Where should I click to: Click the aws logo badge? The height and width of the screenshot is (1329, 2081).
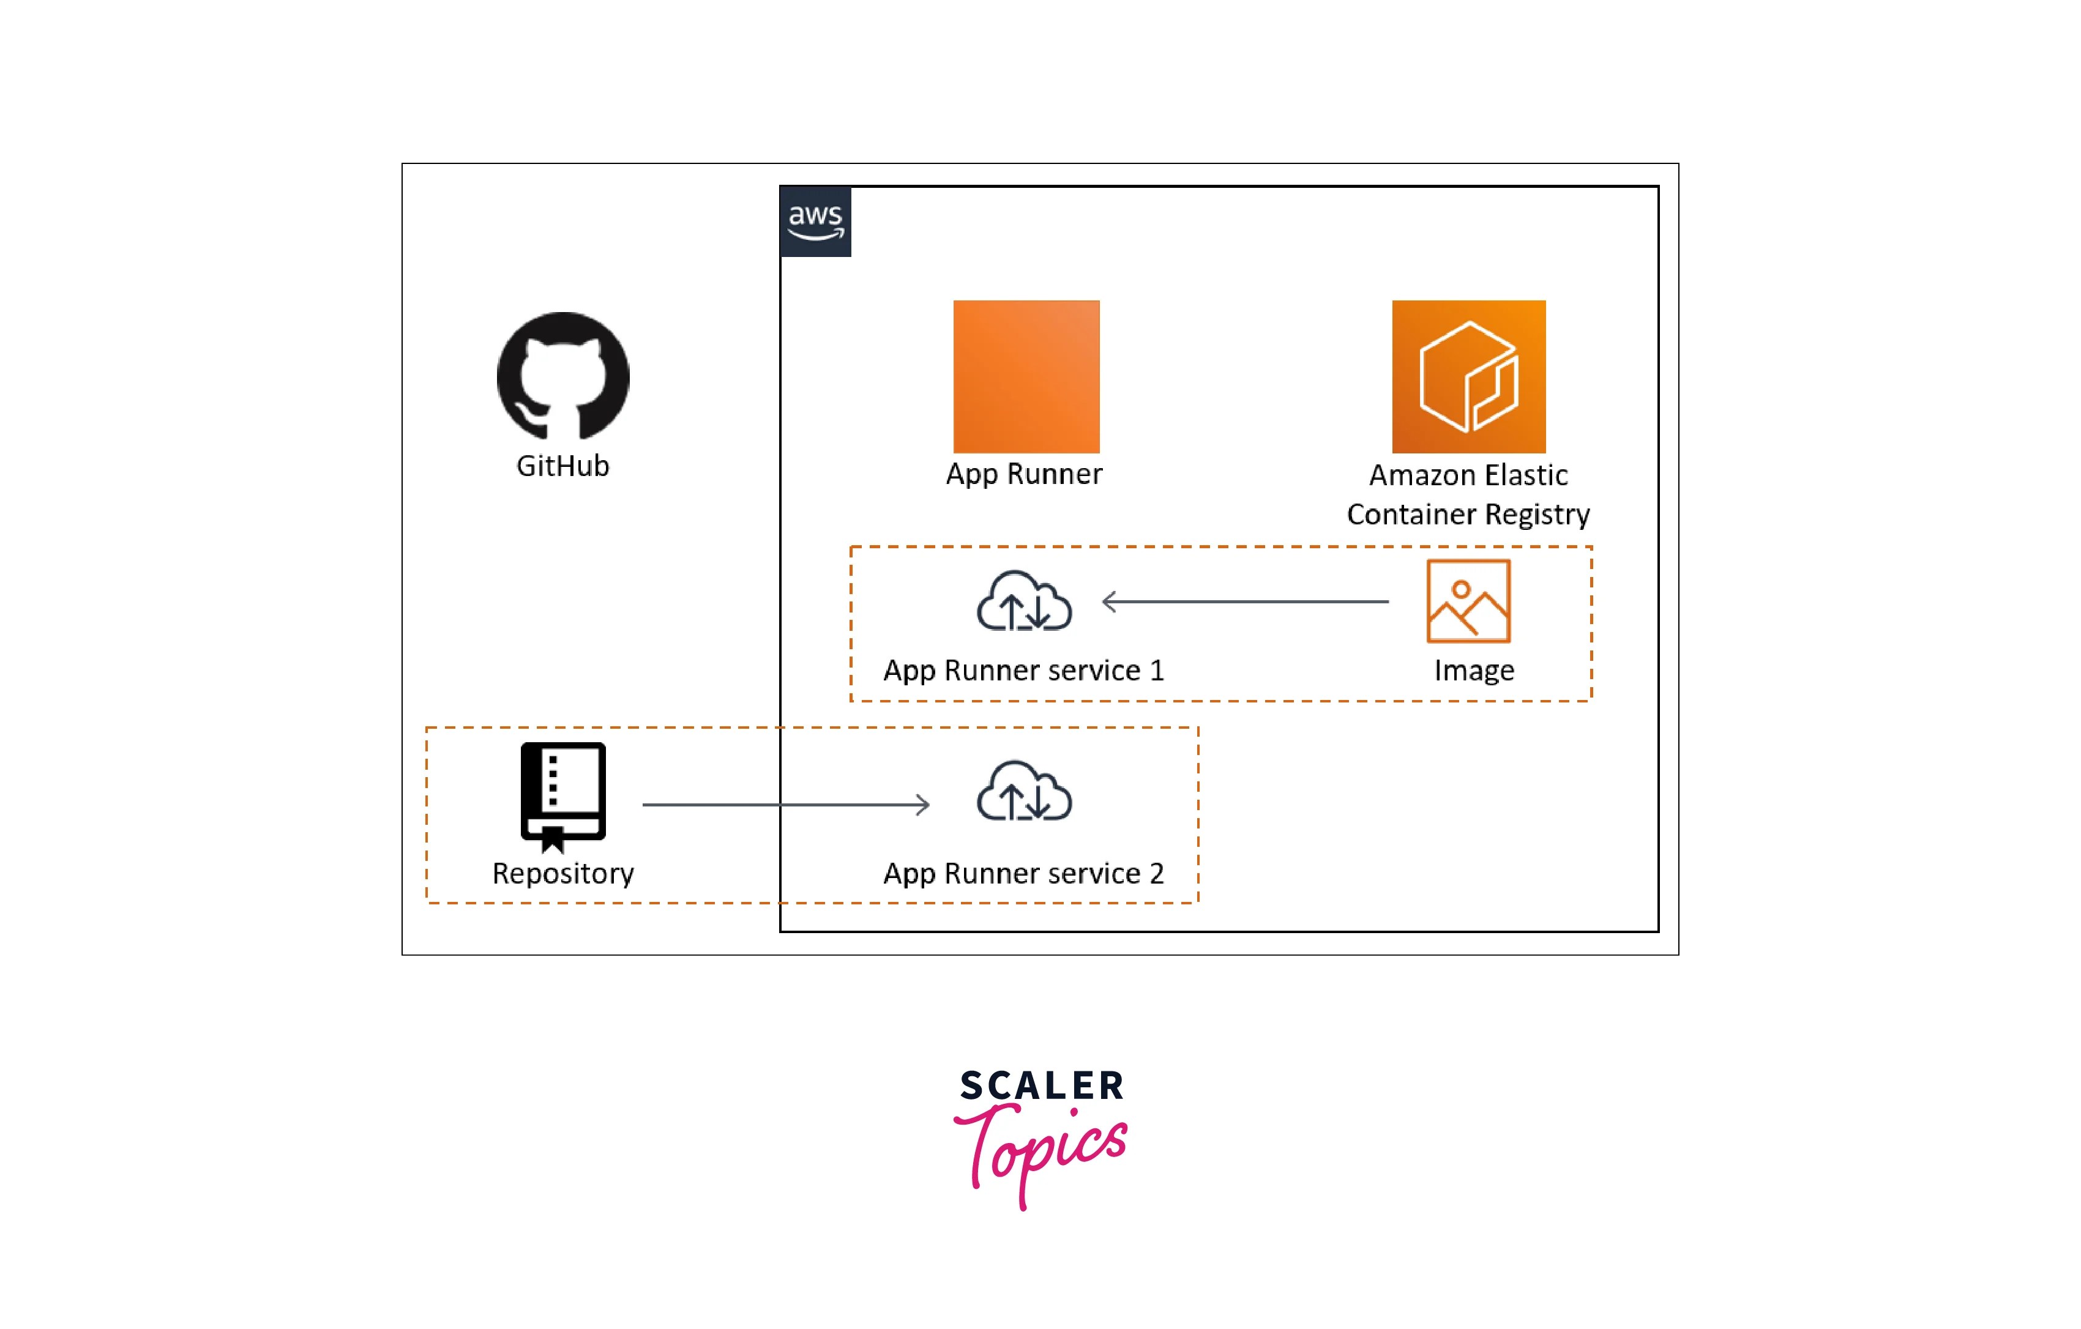click(815, 221)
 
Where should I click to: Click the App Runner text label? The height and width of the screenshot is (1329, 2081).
click(1024, 474)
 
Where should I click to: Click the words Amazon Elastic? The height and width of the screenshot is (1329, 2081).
click(1468, 475)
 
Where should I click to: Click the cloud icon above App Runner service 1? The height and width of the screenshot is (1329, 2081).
click(1024, 601)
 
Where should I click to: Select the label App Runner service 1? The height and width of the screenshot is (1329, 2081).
click(1023, 671)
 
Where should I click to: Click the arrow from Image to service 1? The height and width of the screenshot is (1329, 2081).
click(1244, 601)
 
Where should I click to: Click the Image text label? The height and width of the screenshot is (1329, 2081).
click(1473, 671)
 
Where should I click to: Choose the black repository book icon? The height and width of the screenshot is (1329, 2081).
click(562, 793)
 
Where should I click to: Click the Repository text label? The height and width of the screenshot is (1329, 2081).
click(562, 874)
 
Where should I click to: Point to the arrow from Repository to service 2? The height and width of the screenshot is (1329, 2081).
click(785, 805)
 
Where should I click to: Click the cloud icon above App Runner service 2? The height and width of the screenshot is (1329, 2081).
click(1024, 792)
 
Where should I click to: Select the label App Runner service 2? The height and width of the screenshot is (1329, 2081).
click(1023, 874)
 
